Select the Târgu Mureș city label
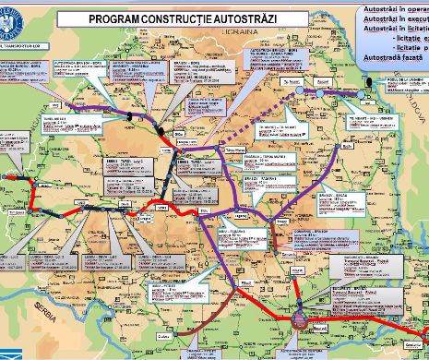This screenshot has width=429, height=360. (233, 148)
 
